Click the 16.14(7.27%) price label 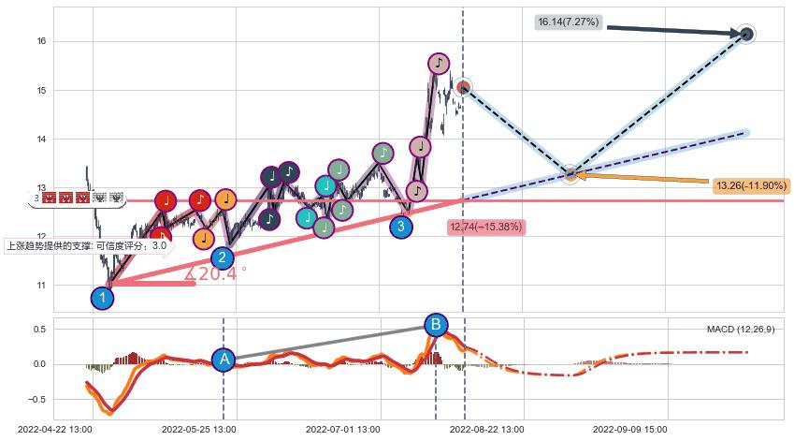[x=569, y=22]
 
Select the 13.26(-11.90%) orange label [x=750, y=186]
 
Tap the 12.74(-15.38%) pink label [x=486, y=227]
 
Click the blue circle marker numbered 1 [x=103, y=299]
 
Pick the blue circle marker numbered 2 [x=222, y=258]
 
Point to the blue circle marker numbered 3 [x=401, y=226]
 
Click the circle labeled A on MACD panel [x=223, y=360]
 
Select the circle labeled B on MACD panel [x=435, y=326]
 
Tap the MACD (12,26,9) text [x=740, y=330]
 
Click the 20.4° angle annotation [x=217, y=274]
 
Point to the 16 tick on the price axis [x=41, y=41]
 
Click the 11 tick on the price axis [x=41, y=286]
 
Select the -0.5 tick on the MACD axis [x=36, y=400]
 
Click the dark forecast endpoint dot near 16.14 [x=746, y=35]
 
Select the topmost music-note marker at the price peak [x=439, y=64]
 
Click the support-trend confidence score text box [x=87, y=246]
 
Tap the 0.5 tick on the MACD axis [x=39, y=330]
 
